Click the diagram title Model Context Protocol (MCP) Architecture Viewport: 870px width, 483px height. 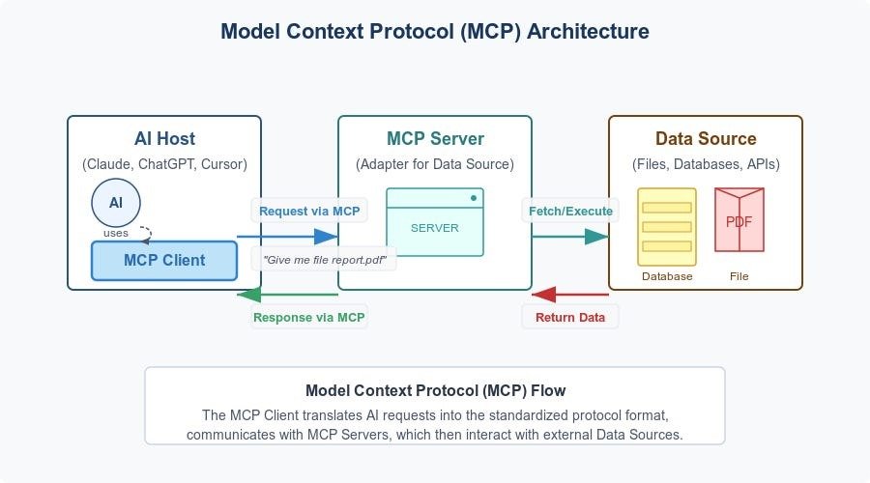click(435, 31)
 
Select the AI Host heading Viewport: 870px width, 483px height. click(164, 139)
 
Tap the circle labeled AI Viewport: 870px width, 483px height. click(115, 203)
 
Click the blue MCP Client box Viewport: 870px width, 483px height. click(163, 260)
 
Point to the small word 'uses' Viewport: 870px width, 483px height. click(116, 233)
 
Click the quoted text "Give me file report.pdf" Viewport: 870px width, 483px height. click(324, 259)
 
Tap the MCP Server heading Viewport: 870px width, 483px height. click(435, 139)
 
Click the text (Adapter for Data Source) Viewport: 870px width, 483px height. click(435, 164)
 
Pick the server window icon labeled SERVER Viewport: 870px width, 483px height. click(435, 222)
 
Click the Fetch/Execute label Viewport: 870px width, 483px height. click(569, 211)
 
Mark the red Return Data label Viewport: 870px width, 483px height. click(570, 317)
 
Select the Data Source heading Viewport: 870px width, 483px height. click(706, 139)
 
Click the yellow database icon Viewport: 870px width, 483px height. click(667, 227)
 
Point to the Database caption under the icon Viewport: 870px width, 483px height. click(667, 276)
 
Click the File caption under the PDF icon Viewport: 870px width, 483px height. click(739, 276)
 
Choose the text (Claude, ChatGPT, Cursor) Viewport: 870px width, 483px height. click(164, 164)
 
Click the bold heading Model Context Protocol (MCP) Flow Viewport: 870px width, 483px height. click(435, 391)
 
